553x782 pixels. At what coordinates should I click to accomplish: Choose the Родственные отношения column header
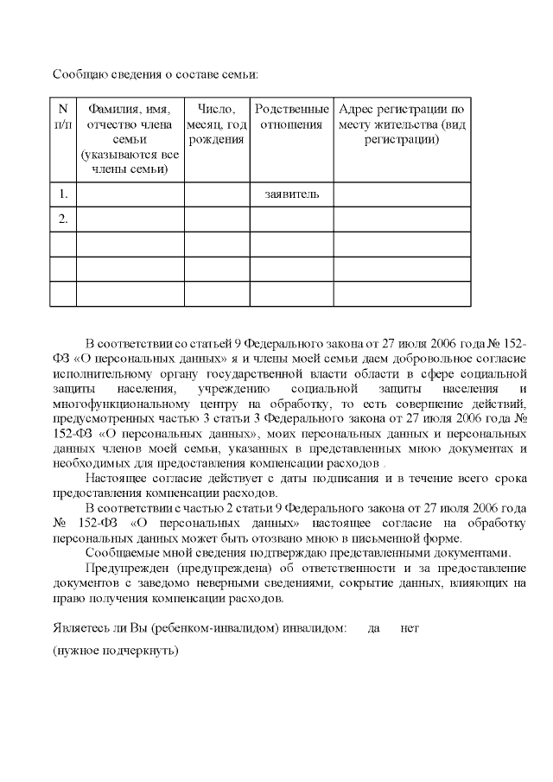[292, 117]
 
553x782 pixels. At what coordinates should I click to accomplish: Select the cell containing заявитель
[292, 194]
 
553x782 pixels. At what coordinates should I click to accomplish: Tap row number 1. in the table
[63, 194]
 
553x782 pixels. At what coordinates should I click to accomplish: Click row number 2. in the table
[63, 219]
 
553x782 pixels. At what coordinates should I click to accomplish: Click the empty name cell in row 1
[130, 194]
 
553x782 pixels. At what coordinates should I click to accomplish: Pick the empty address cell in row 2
[402, 219]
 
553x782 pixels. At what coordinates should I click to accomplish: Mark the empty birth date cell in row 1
[217, 194]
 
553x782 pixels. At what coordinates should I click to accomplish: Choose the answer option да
[374, 629]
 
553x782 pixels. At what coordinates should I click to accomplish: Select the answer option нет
[410, 629]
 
